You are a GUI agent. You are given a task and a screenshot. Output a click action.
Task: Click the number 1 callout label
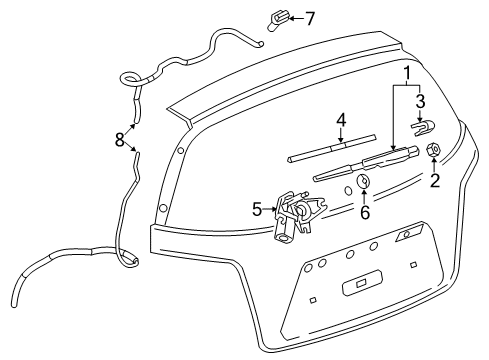(407, 74)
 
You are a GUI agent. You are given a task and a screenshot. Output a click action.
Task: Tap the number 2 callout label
(435, 181)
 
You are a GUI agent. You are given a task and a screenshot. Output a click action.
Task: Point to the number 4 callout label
(341, 120)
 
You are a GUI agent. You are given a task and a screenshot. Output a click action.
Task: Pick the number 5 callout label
(257, 209)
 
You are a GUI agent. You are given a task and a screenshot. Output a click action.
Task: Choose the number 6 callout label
(365, 212)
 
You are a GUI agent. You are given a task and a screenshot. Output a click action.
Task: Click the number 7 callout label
(282, 17)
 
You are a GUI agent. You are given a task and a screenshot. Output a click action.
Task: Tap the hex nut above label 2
(433, 150)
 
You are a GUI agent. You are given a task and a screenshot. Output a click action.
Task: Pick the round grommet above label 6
(364, 182)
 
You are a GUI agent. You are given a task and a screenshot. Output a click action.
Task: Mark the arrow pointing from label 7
(267, 18)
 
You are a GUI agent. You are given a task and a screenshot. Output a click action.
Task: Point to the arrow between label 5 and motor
(270, 209)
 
